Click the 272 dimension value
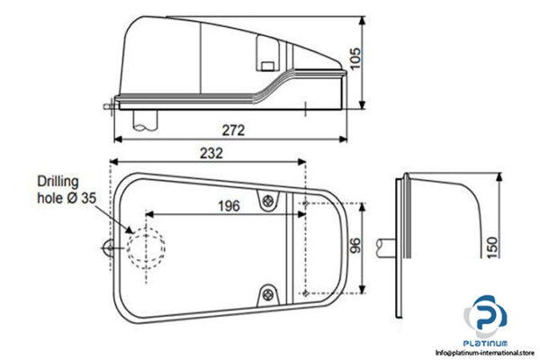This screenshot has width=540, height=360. click(x=233, y=130)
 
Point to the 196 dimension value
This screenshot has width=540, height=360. click(x=229, y=206)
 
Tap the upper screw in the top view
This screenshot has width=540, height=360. click(x=267, y=202)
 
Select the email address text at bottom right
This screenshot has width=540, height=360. click(x=483, y=352)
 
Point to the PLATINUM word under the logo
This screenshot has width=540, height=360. click(x=487, y=342)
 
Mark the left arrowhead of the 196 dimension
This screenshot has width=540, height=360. click(x=148, y=214)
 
